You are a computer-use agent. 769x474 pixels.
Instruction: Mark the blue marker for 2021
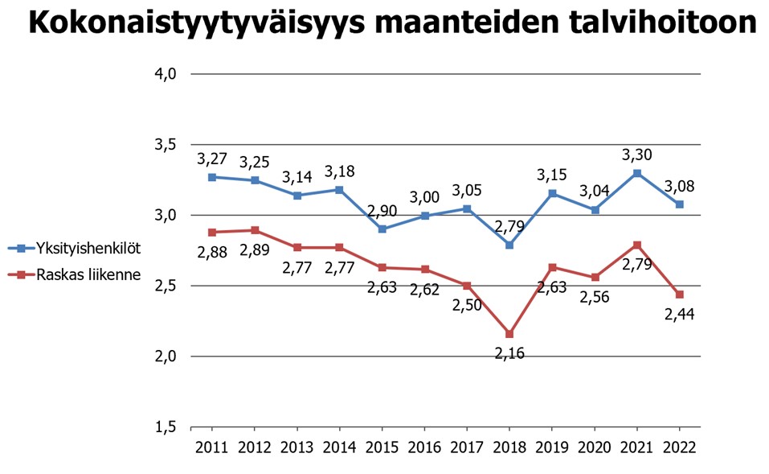(x=637, y=173)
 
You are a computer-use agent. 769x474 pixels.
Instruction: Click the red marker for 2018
(x=509, y=334)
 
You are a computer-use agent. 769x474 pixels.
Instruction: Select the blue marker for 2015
(x=382, y=229)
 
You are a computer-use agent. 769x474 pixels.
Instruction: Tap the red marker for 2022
(x=680, y=295)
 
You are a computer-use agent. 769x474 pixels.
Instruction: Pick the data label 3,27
(x=212, y=159)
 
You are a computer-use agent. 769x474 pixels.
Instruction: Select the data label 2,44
(x=680, y=315)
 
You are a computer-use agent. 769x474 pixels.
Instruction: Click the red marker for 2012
(x=255, y=230)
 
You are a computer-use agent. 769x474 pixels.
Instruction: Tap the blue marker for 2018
(x=509, y=245)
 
